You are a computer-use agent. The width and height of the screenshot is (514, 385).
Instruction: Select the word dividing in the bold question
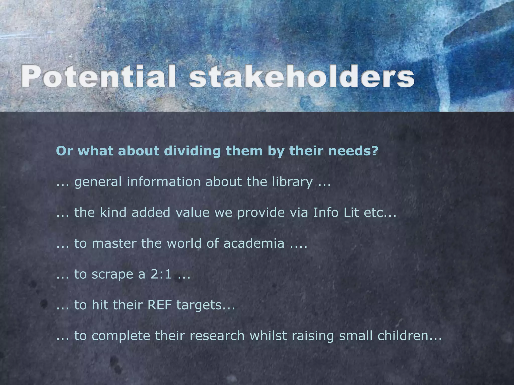(192, 151)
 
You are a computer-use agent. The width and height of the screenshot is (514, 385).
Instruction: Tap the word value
(192, 213)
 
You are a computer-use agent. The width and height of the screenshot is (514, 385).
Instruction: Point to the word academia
(254, 243)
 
